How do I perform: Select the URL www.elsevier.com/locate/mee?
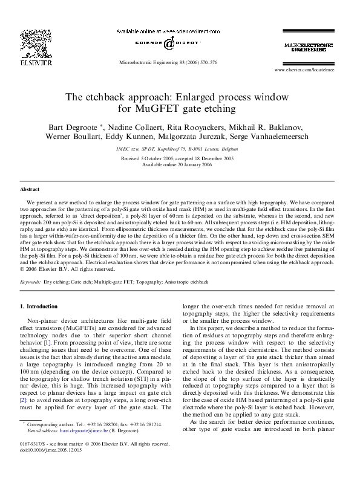(304, 70)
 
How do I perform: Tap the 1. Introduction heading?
(39, 306)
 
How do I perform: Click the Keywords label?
(31, 282)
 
